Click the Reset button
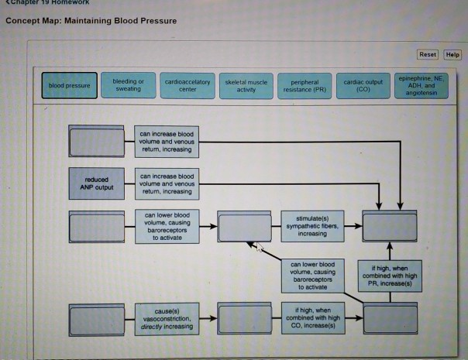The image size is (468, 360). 427,55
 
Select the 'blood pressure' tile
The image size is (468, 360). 69,85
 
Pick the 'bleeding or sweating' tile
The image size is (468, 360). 128,84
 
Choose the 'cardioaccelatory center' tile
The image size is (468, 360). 184,84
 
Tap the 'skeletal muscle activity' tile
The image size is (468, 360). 246,84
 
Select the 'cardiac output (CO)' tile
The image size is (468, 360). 363,84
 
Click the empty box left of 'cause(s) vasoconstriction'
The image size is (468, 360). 96,317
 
